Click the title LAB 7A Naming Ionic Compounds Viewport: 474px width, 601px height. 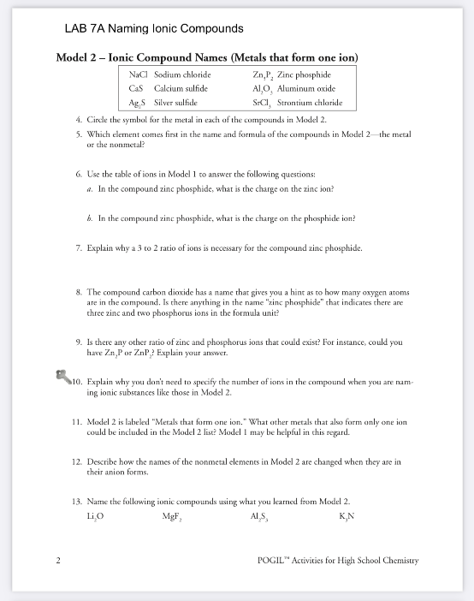(154, 29)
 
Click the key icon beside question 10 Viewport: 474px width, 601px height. (61, 377)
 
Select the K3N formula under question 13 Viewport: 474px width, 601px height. (347, 516)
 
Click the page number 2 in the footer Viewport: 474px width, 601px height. (57, 561)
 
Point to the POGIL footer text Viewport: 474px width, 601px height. (337, 561)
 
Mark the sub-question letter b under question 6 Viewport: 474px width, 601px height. (90, 217)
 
